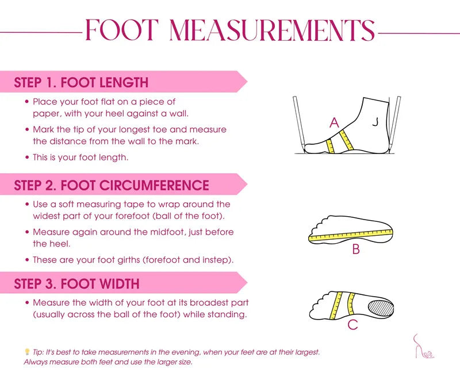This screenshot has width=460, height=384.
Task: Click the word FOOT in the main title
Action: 122,30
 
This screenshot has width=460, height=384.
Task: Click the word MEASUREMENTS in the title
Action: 272,30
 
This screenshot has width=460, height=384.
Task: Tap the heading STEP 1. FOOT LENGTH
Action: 81,82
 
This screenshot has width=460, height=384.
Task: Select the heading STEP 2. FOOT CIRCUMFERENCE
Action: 112,186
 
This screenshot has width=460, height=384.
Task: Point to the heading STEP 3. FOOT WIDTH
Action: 76,283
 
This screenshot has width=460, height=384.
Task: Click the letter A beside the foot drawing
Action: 334,122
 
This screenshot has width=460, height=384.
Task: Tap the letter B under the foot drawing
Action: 356,249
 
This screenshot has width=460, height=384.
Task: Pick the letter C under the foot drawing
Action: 352,324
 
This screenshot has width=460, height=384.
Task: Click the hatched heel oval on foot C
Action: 381,308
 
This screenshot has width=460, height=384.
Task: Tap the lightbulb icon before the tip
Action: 27,351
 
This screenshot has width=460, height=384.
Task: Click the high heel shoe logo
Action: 423,347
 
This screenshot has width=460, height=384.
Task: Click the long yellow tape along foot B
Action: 351,236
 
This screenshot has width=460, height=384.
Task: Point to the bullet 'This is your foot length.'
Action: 77,158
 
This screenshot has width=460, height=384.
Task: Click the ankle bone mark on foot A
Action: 375,121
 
